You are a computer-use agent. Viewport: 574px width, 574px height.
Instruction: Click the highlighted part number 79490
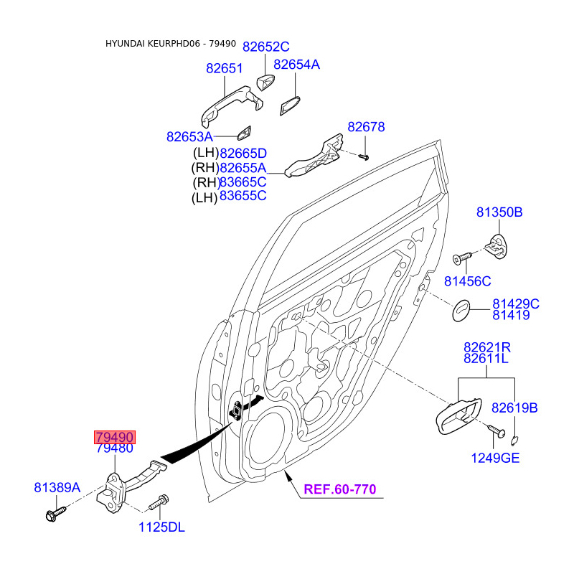coord(115,437)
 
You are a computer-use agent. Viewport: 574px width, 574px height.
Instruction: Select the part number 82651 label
coord(224,68)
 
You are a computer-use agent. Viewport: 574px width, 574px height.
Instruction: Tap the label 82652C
coord(266,47)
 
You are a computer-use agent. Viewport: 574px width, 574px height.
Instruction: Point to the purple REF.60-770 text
coord(340,489)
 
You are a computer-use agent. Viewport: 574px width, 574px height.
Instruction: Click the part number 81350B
coord(499,212)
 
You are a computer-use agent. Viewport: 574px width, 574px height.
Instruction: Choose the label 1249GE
coord(495,458)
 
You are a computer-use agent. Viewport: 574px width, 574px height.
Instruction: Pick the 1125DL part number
coord(161,527)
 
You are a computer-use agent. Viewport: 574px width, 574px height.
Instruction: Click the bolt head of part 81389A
coord(51,516)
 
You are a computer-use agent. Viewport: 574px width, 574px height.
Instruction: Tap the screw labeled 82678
coord(364,157)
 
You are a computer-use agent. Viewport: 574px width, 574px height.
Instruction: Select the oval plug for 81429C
coord(461,311)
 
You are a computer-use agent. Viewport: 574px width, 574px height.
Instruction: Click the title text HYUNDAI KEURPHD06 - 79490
coord(171,44)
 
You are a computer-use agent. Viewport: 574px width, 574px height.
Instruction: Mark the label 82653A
coord(189,137)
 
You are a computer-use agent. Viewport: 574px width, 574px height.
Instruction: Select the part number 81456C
coord(468,281)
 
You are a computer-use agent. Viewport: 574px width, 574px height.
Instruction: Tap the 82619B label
coord(514,408)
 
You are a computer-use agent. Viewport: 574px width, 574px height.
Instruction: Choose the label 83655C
coord(243,196)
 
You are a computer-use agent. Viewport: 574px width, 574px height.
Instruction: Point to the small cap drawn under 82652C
coord(265,83)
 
